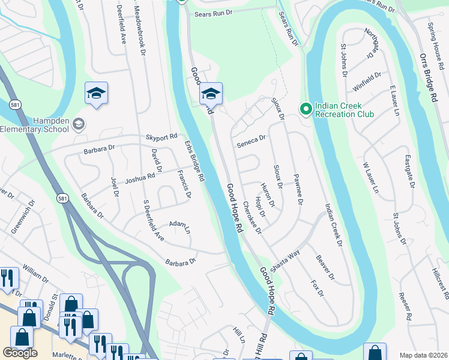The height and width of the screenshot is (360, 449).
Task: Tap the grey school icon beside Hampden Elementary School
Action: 78,124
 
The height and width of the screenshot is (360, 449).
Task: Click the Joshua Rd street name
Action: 140,177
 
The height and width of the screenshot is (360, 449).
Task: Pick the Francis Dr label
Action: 184,184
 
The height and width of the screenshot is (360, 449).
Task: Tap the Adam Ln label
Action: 179,226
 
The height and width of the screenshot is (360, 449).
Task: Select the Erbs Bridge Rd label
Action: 195,161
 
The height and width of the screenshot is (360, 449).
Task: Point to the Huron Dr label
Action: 267,195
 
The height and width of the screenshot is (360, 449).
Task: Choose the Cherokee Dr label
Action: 252,217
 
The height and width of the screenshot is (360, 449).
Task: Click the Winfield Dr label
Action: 367,82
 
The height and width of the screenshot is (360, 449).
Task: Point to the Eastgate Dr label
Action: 409,172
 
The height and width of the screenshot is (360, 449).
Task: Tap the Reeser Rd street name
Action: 403,305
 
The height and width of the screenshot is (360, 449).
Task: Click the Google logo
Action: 20,353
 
